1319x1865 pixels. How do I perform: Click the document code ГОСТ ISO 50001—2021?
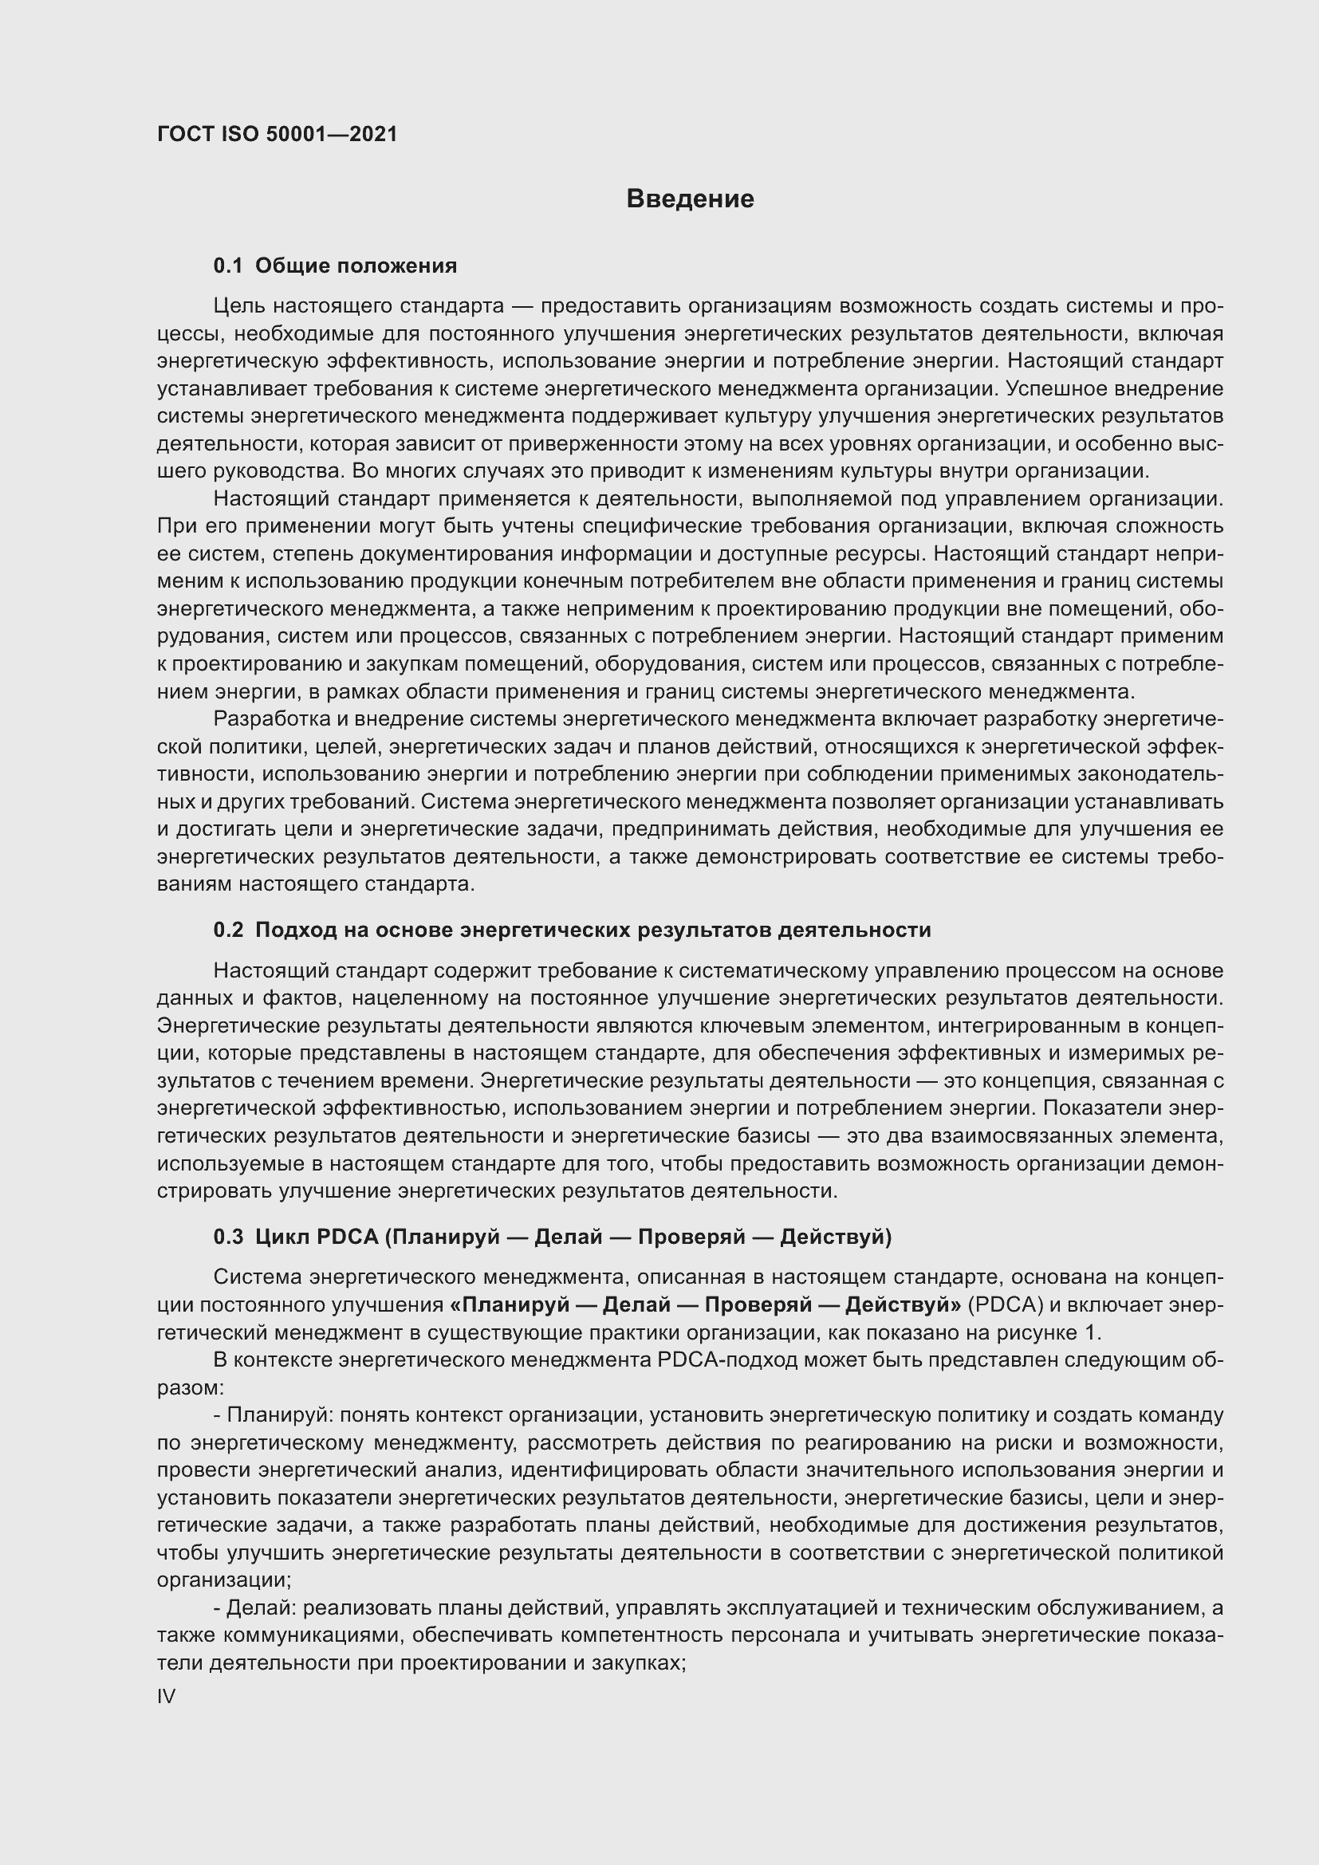(x=277, y=135)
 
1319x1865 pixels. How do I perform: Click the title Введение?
(x=690, y=199)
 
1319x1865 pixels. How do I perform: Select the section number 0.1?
(x=228, y=266)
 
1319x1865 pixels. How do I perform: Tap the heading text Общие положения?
(x=356, y=266)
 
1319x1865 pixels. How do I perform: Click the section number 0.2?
(x=228, y=930)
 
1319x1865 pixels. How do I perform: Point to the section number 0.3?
(x=228, y=1237)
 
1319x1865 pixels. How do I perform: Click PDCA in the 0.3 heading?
(x=347, y=1237)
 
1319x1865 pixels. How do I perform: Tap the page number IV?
(x=167, y=1697)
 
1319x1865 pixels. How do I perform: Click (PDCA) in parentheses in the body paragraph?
(x=1006, y=1305)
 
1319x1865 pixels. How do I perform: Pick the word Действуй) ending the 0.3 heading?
(x=835, y=1237)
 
